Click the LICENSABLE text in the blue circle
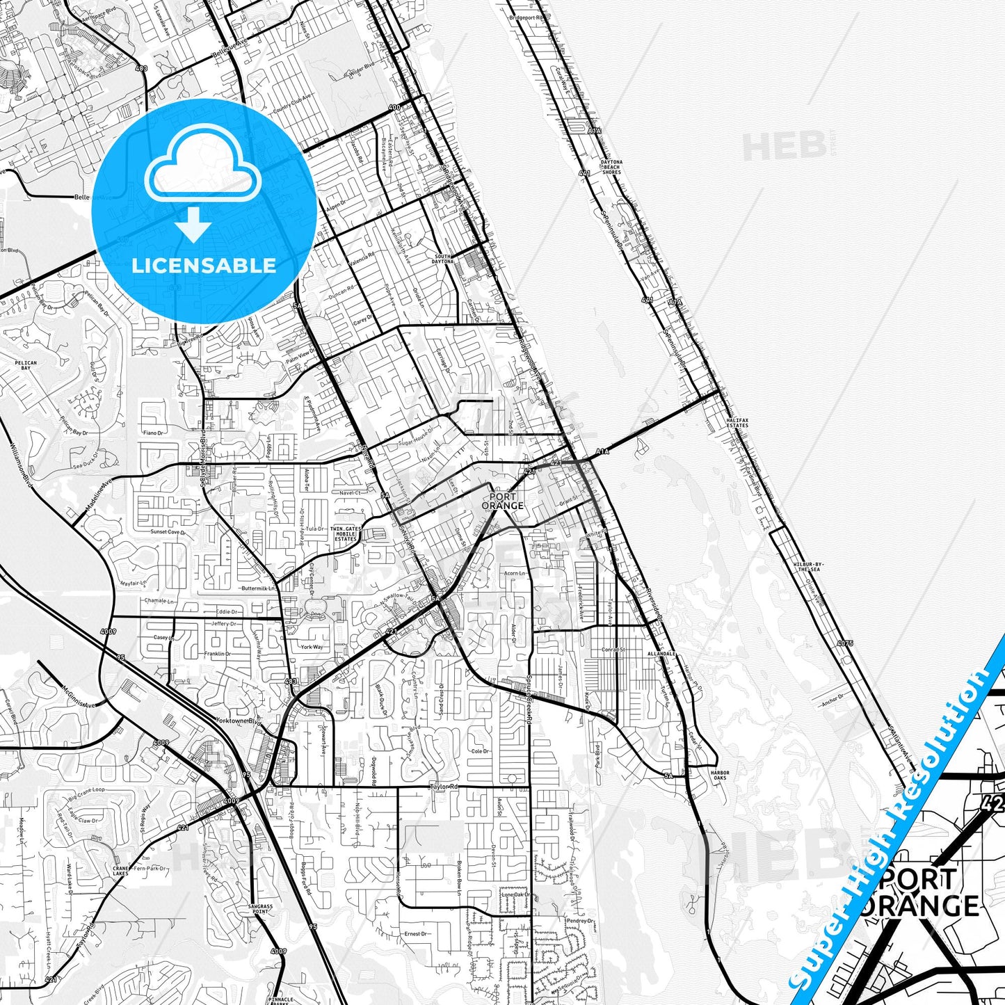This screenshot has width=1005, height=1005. point(204,266)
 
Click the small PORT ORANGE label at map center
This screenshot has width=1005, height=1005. point(503,501)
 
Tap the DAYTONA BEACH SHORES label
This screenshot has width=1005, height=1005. point(612,167)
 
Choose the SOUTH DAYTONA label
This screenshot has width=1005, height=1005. point(443,259)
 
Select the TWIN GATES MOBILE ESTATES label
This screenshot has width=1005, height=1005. point(346,533)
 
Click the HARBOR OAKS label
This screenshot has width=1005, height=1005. point(719,775)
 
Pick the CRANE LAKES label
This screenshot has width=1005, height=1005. point(120,871)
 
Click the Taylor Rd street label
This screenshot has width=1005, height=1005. point(445,787)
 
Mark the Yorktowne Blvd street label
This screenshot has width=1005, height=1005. point(239,721)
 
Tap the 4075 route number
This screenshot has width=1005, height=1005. point(845,643)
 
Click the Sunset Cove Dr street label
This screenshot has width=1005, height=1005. point(168,532)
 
